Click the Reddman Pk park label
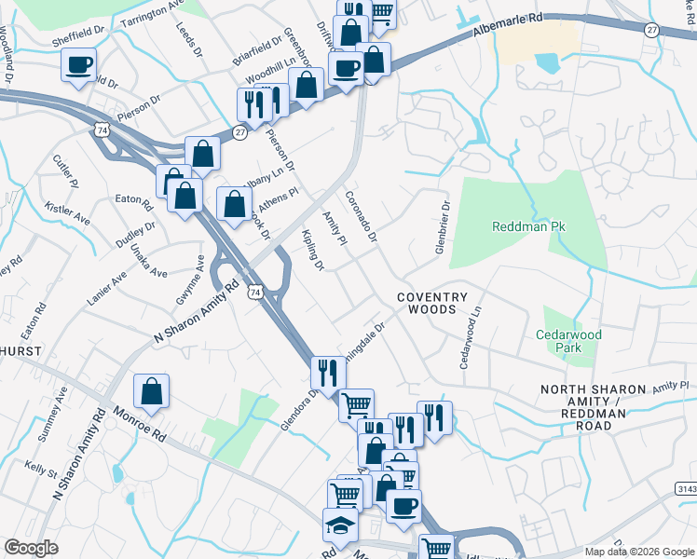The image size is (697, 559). (x=529, y=226)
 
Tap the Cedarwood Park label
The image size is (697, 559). (x=568, y=341)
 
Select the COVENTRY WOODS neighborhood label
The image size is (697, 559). (x=431, y=303)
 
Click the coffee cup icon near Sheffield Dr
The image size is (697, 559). (x=79, y=65)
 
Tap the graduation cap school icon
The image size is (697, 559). (x=340, y=527)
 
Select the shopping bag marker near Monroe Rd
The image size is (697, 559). (x=151, y=393)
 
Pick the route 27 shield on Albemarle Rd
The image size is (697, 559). (x=651, y=30)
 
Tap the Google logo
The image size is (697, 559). (x=31, y=548)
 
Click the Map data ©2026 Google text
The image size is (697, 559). (x=639, y=552)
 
